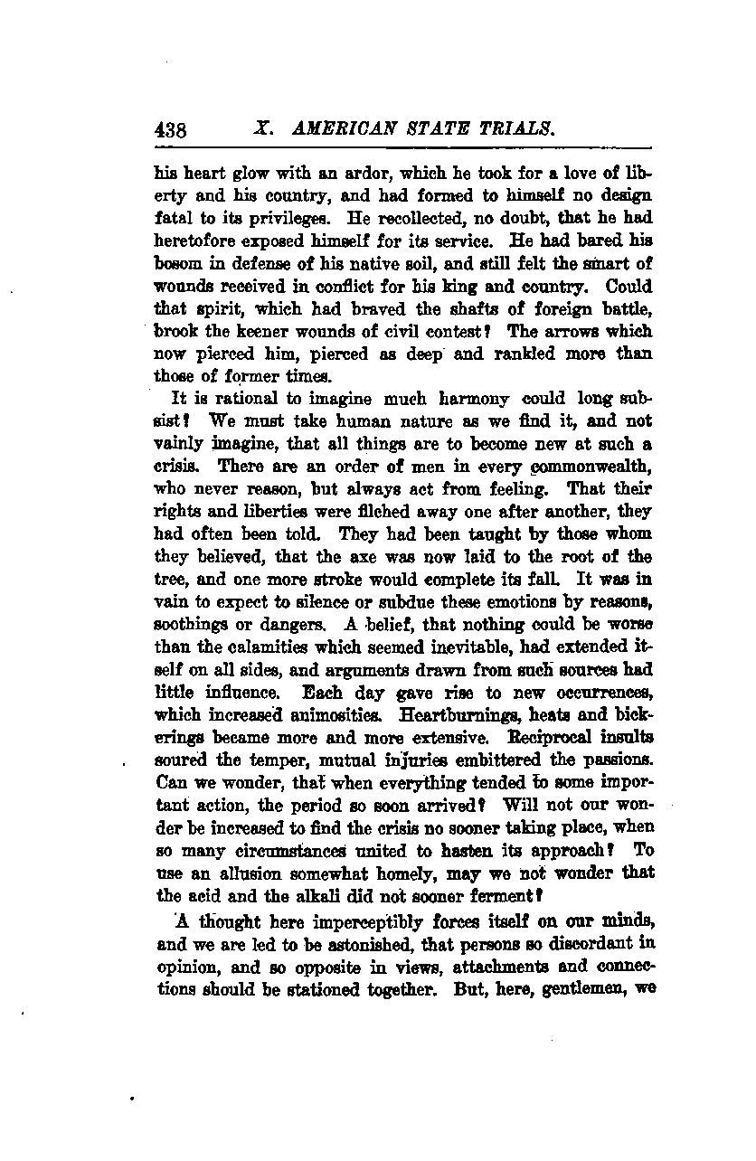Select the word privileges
click(272, 219)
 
